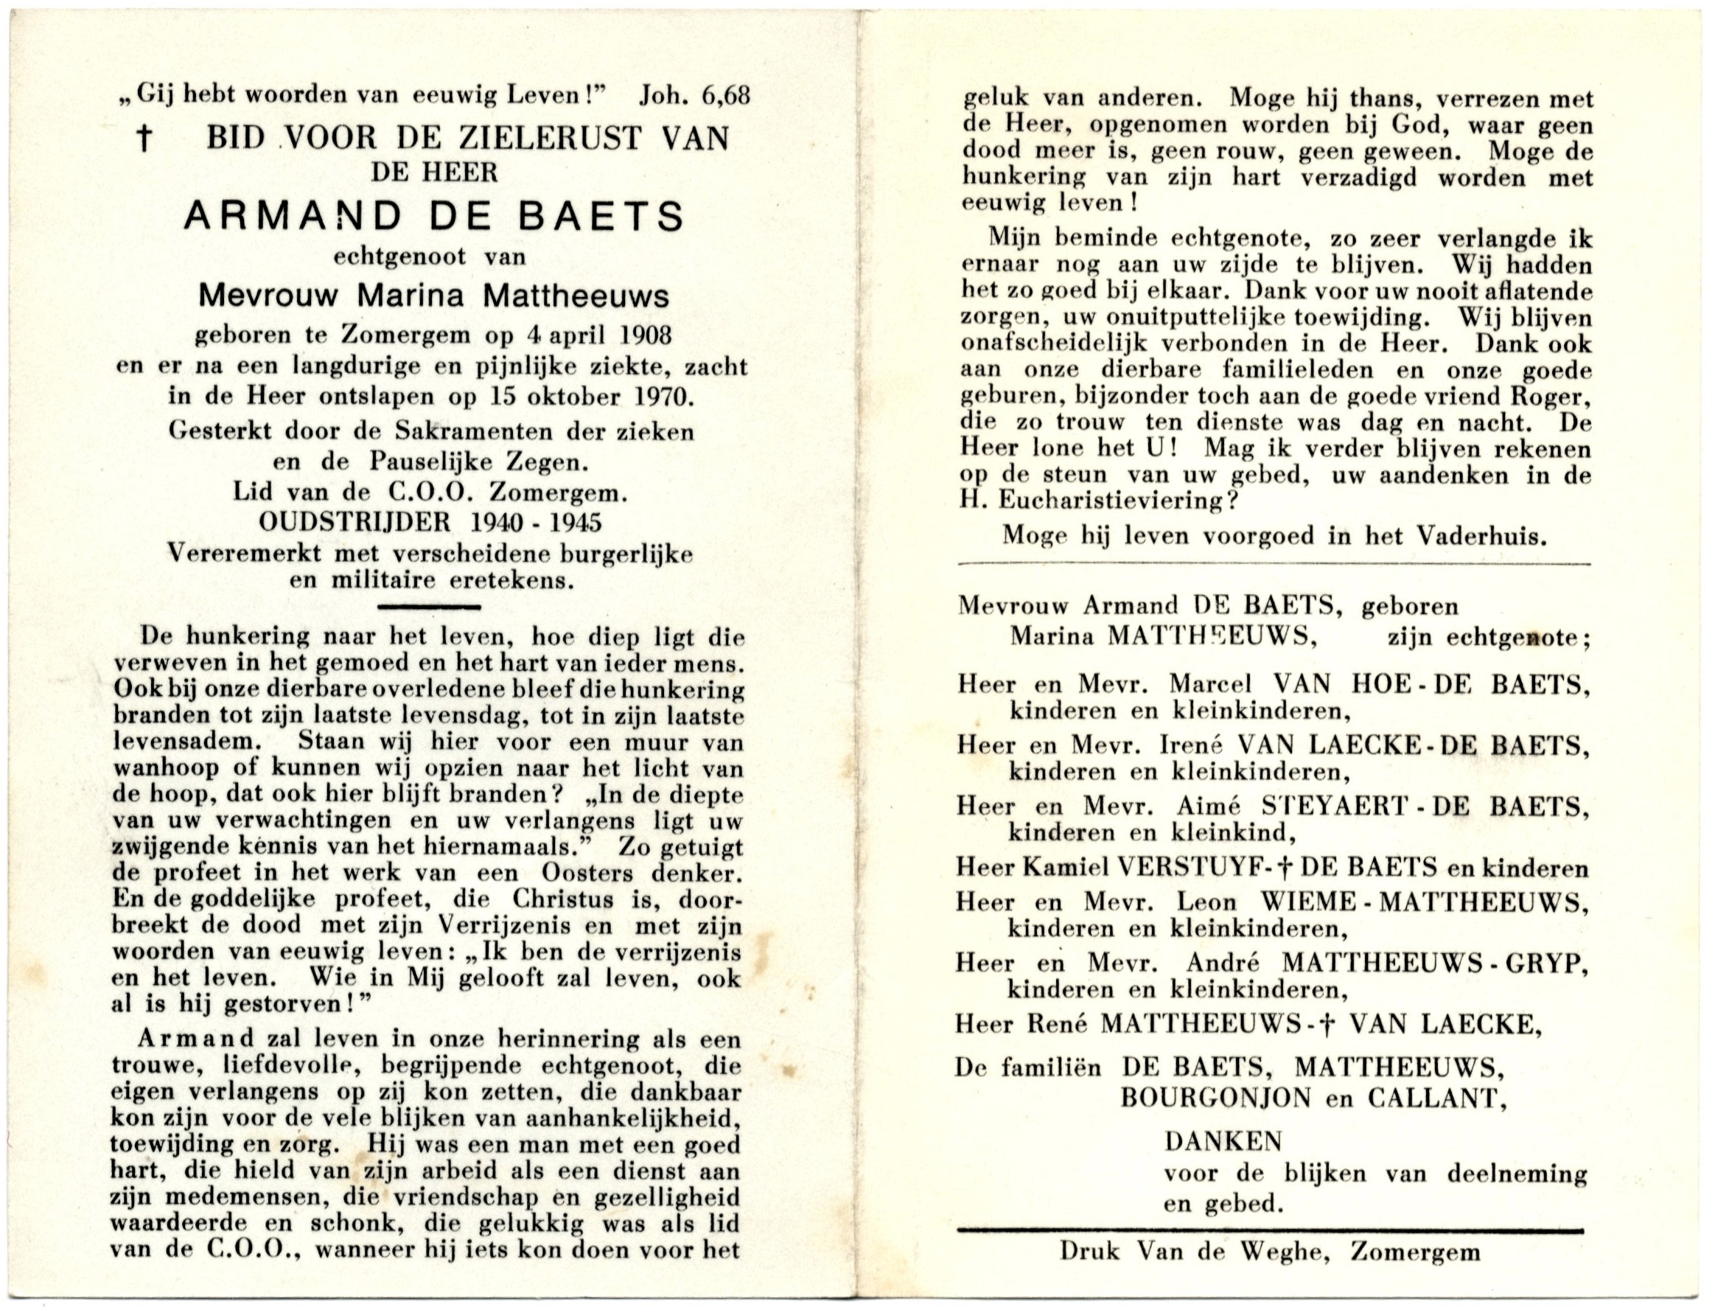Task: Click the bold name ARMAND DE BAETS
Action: tap(434, 217)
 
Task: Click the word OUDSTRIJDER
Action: tap(354, 521)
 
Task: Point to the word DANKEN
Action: tap(1223, 1141)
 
